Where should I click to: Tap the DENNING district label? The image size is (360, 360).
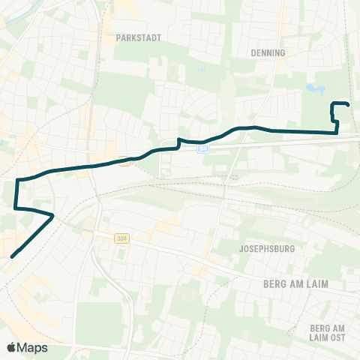point(270,53)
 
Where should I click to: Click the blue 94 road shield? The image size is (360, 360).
point(205,148)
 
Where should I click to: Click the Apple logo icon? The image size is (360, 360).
point(11,347)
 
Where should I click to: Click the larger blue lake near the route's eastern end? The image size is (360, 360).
point(315,90)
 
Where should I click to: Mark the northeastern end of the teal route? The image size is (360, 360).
point(349,103)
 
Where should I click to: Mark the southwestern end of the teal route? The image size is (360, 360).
point(12,256)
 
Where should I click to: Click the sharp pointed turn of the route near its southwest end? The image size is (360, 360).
point(53,215)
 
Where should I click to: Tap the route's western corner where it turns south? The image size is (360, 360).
point(16,180)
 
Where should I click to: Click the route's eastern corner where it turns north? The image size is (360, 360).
point(337,133)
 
